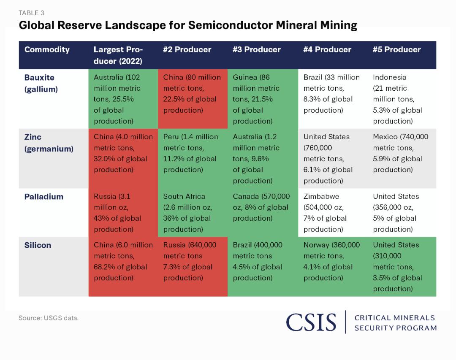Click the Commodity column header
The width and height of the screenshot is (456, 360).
click(47, 50)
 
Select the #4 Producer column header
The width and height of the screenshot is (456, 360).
click(327, 50)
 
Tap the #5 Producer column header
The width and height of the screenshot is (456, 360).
click(396, 50)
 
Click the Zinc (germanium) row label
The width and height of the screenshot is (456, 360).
click(49, 143)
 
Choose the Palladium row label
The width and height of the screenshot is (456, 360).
click(43, 197)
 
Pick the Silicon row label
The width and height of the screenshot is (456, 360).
click(38, 245)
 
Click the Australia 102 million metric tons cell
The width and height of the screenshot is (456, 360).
click(123, 99)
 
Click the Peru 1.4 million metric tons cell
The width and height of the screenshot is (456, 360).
click(192, 153)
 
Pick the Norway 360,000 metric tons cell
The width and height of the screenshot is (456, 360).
click(331, 261)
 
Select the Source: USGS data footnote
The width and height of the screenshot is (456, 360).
click(49, 318)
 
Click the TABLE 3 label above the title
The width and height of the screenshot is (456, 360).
click(31, 13)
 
